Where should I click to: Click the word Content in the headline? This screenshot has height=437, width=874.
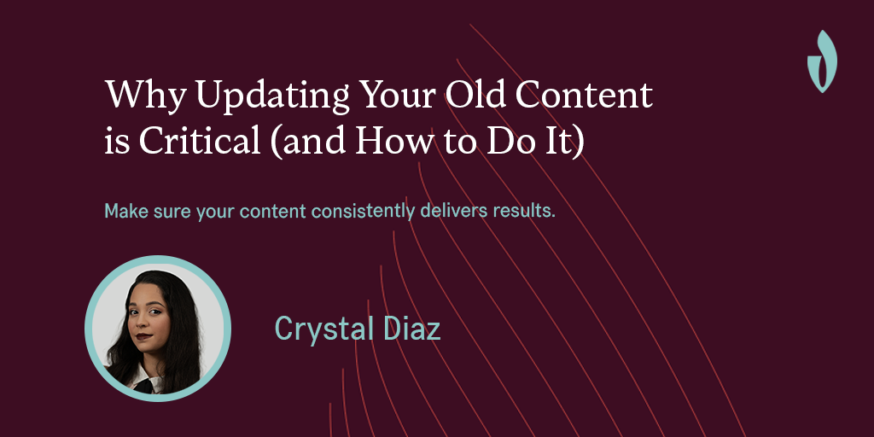tap(589, 96)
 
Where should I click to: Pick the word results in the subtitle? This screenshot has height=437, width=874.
tap(524, 210)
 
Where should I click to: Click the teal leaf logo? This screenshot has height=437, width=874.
tap(821, 61)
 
